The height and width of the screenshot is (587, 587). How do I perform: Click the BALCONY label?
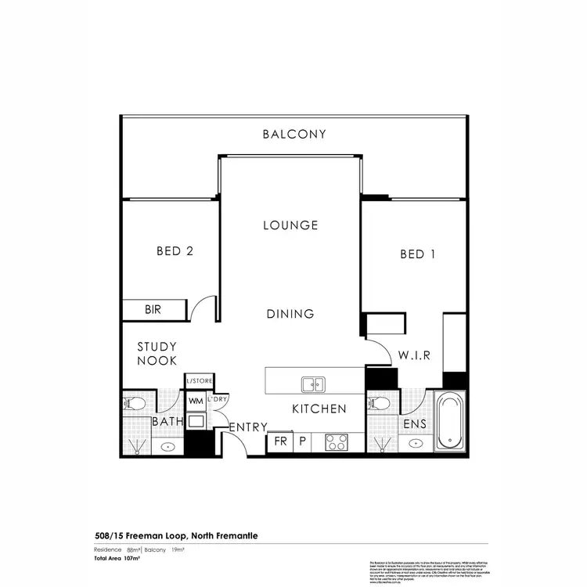(x=293, y=134)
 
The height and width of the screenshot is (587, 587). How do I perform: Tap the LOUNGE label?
(x=290, y=225)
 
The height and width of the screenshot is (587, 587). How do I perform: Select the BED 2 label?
(x=175, y=251)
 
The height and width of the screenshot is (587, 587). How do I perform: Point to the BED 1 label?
(x=417, y=254)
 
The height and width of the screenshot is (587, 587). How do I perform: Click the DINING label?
(x=290, y=314)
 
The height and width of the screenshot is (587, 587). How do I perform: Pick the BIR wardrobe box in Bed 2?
(x=154, y=310)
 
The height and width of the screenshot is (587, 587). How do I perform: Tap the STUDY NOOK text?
(x=157, y=354)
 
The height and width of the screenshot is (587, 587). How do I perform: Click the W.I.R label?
(x=412, y=355)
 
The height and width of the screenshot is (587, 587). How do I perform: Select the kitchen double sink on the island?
(x=314, y=384)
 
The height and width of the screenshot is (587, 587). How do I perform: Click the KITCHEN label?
(x=319, y=409)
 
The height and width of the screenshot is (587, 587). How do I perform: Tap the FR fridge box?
(x=280, y=441)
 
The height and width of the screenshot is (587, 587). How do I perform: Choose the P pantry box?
(x=302, y=441)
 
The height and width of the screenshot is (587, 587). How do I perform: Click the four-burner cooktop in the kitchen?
(x=337, y=441)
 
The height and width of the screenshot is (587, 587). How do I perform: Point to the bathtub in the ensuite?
(x=449, y=422)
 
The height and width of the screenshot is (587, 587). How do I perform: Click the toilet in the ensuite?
(x=378, y=404)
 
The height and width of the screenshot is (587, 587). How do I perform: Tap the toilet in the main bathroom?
(x=134, y=405)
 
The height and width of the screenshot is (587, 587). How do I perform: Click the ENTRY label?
(x=248, y=427)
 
